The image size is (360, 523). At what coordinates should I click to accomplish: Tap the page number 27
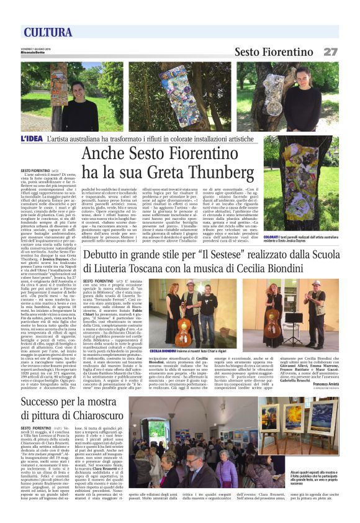pyautogui.click(x=330, y=52)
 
